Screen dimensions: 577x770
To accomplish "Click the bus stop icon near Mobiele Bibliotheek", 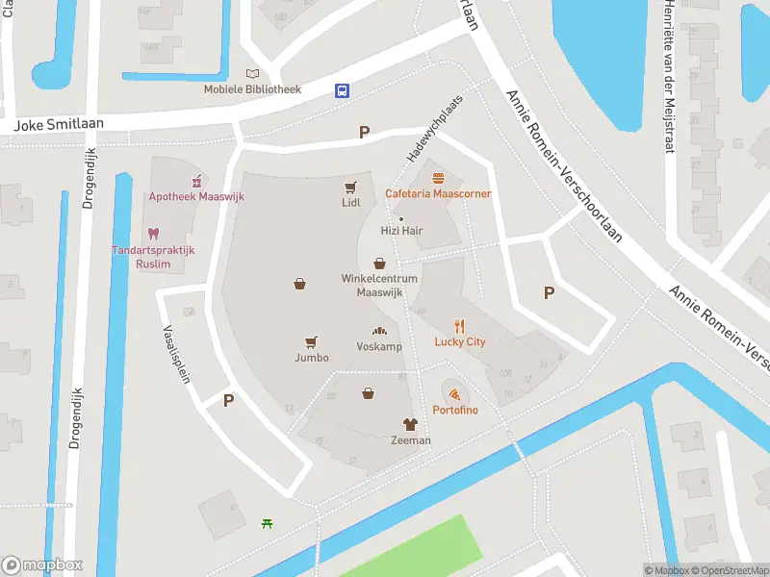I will click(x=342, y=90).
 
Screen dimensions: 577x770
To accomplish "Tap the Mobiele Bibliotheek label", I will click(x=252, y=89).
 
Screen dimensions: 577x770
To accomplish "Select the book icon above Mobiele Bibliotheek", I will click(x=253, y=73).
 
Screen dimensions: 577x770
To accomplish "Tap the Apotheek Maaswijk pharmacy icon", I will click(x=196, y=180).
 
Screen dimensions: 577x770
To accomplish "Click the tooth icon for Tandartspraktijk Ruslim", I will click(x=152, y=234).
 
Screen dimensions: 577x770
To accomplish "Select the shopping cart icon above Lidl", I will click(x=350, y=187).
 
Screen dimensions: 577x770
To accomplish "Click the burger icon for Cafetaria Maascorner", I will click(x=439, y=177).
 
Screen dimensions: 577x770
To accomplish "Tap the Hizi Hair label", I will click(x=401, y=231).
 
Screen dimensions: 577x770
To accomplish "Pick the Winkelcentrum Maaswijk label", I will click(x=379, y=285).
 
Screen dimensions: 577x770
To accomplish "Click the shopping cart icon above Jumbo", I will click(x=311, y=341).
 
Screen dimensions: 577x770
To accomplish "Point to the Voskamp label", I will click(x=379, y=346).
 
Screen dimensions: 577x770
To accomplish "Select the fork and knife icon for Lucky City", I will click(x=460, y=325).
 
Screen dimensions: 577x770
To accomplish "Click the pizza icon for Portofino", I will click(x=454, y=394).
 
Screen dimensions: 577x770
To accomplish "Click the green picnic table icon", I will click(x=267, y=523).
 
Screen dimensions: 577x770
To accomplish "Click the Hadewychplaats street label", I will click(x=428, y=141).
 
